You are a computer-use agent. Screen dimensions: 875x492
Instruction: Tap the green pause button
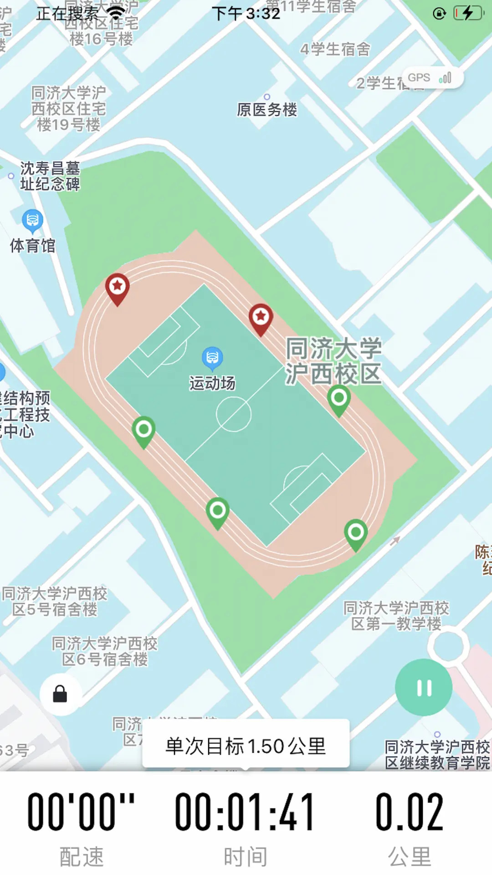tap(424, 687)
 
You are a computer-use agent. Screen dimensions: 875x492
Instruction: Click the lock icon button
tap(60, 694)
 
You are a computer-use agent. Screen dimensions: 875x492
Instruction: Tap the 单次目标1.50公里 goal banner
tap(246, 746)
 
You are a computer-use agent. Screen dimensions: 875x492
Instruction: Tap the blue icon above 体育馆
tap(32, 221)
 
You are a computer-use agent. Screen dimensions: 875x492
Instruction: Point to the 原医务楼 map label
tap(267, 109)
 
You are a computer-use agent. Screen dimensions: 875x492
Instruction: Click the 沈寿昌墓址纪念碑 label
tap(50, 176)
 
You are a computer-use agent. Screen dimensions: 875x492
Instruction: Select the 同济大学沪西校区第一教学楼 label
tap(396, 616)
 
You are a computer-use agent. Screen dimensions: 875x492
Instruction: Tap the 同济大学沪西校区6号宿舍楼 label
tap(105, 651)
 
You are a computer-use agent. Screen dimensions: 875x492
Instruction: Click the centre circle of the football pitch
tap(233, 414)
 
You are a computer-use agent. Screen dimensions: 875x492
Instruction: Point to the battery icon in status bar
tap(468, 13)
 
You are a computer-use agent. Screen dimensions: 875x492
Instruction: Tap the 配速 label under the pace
tap(82, 856)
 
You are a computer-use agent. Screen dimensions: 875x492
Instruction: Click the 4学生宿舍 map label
tap(335, 49)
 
